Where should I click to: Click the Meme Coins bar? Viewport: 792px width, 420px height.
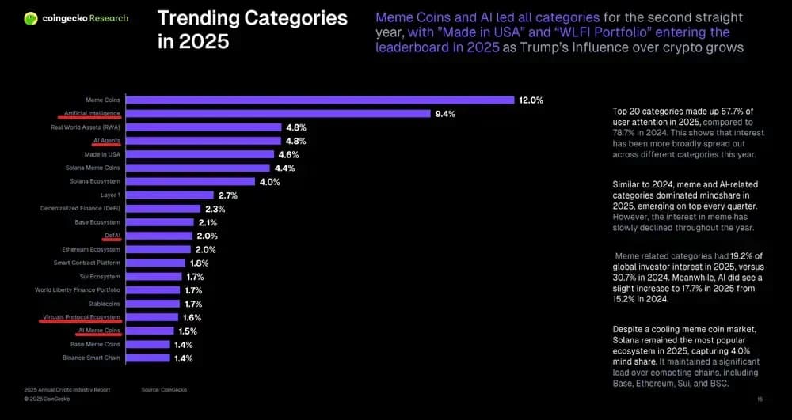click(x=321, y=100)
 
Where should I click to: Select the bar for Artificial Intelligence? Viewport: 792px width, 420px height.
click(x=278, y=114)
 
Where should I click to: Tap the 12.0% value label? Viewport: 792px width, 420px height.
click(x=531, y=100)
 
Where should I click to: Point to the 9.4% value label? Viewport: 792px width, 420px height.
click(x=444, y=114)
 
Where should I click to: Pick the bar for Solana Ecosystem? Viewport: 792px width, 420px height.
click(x=191, y=181)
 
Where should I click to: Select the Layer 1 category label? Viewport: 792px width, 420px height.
click(x=109, y=195)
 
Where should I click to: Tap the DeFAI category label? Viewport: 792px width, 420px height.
click(x=112, y=236)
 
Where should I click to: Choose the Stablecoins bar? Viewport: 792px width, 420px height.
click(x=153, y=304)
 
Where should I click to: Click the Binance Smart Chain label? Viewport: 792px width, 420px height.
click(x=91, y=358)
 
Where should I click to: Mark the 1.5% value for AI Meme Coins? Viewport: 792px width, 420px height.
click(x=188, y=331)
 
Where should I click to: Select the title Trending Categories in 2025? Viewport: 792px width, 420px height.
click(x=252, y=29)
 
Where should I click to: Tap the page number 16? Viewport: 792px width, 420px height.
click(x=760, y=399)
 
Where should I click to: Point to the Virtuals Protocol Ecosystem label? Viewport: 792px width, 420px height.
click(x=82, y=317)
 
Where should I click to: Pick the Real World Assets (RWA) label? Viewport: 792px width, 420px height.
click(x=86, y=127)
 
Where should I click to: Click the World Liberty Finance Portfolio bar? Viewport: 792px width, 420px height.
click(x=153, y=290)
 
